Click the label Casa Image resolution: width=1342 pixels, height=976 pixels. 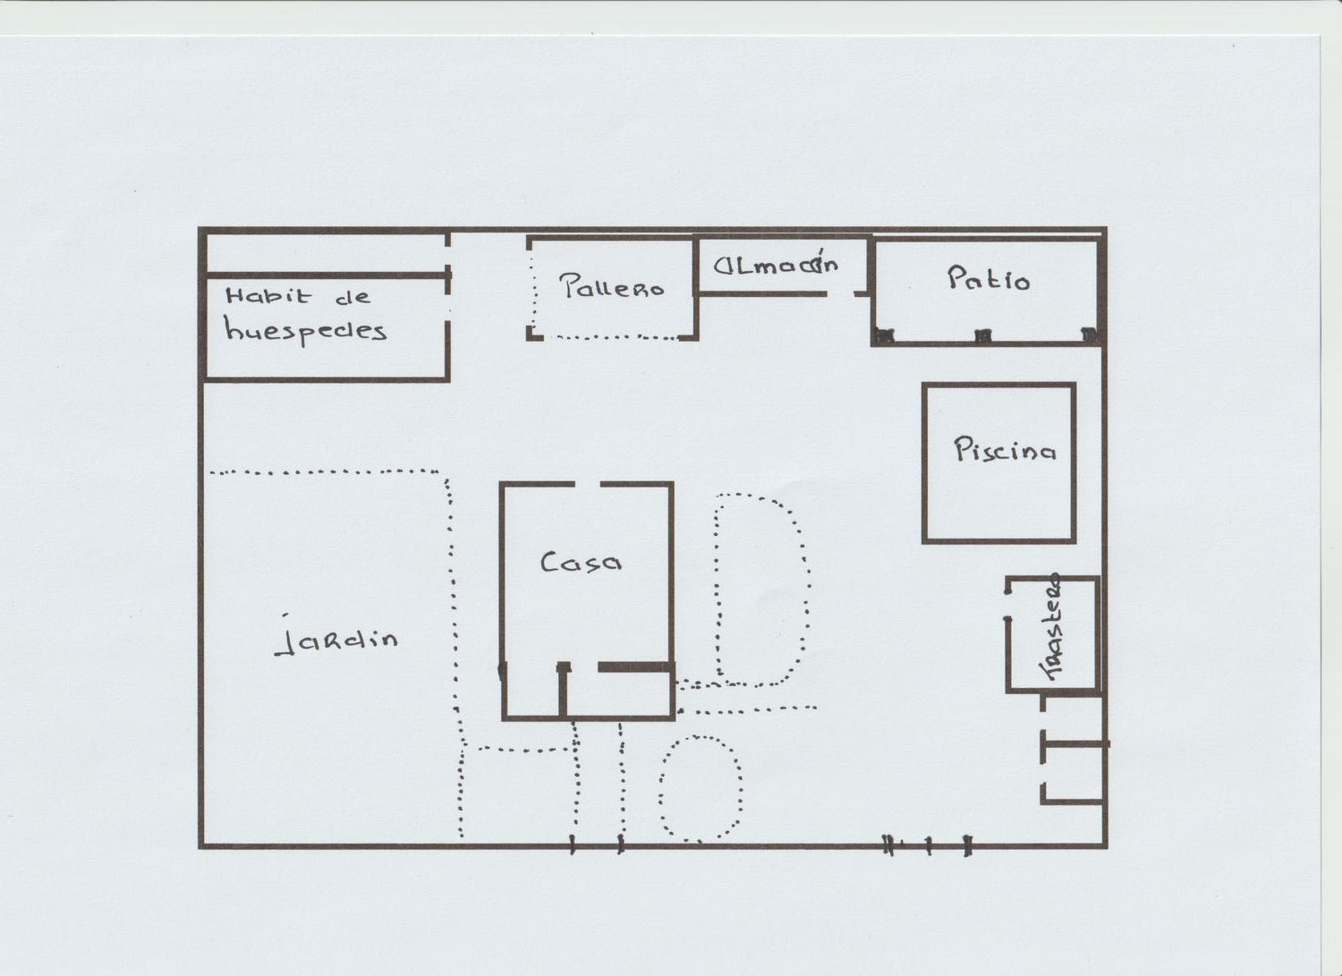pos(581,562)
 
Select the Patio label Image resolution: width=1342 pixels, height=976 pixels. pos(989,278)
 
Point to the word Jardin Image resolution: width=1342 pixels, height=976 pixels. pos(336,640)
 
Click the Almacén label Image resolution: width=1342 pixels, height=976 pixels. pos(776,264)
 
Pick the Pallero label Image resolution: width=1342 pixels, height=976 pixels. pos(612,285)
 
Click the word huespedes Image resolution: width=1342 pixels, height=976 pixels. pos(306,330)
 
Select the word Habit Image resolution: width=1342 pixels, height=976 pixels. pos(268,295)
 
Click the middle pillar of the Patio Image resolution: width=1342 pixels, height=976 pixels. pos(982,335)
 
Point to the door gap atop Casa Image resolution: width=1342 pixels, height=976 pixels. pos(588,484)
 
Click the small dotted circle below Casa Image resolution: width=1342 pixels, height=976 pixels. pos(701,788)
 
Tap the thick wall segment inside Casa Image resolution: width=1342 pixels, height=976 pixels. pos(636,666)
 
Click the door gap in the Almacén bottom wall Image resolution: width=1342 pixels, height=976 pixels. pos(841,293)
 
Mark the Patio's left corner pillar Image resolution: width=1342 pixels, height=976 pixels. pos(884,335)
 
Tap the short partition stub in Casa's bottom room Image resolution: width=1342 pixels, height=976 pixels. pos(563,689)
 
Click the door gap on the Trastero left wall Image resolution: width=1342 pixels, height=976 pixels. pos(1009,605)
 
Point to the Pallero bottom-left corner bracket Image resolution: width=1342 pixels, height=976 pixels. pos(532,335)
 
